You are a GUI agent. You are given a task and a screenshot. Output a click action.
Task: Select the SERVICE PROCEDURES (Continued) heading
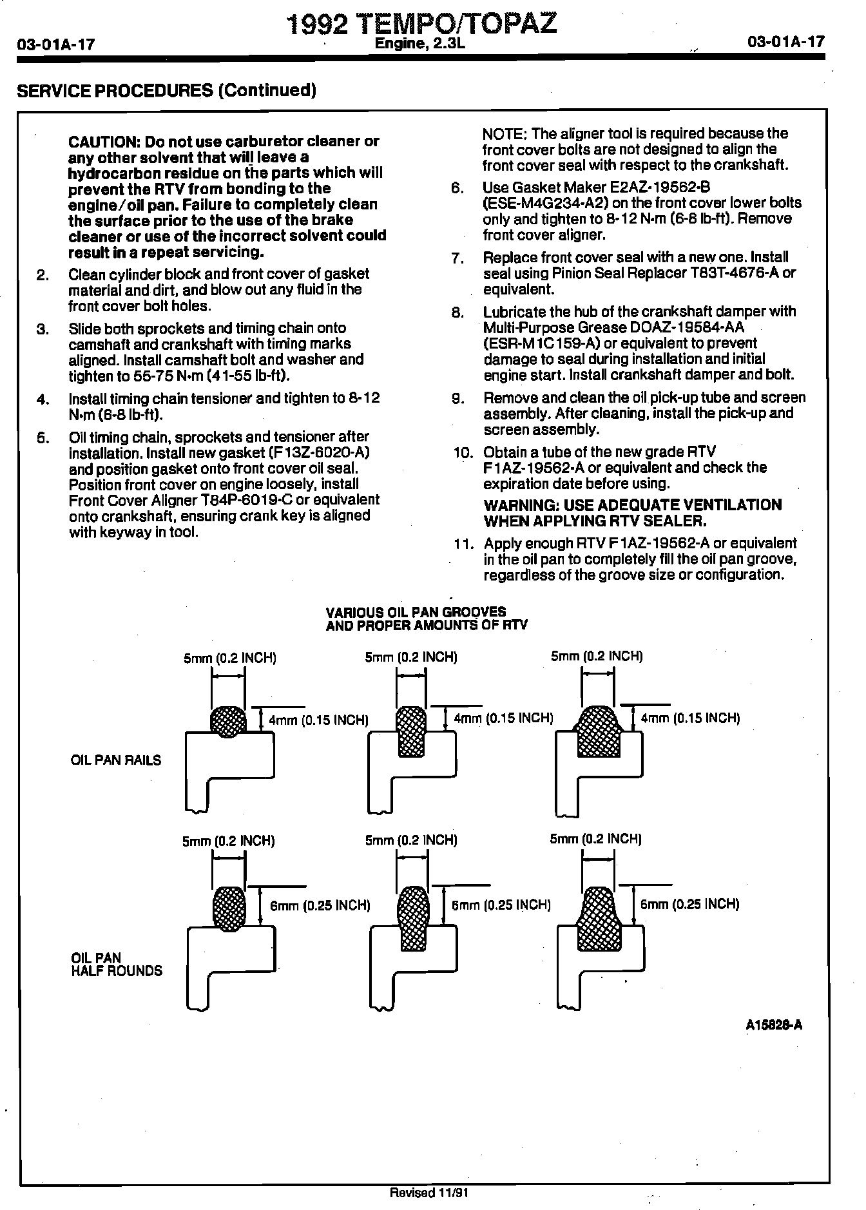(x=166, y=90)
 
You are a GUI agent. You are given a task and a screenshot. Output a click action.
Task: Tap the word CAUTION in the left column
(x=104, y=142)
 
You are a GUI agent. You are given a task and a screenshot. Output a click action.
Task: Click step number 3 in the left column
(x=43, y=329)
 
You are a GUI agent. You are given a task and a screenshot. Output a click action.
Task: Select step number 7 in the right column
(x=457, y=259)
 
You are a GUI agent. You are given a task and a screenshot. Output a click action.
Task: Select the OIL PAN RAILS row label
(x=116, y=760)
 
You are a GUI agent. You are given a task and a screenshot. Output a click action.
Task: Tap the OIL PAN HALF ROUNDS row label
(x=116, y=965)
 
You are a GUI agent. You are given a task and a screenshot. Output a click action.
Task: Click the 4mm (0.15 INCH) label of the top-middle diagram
(x=503, y=718)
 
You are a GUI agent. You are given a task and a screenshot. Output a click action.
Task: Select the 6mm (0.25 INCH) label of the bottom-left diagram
(x=320, y=906)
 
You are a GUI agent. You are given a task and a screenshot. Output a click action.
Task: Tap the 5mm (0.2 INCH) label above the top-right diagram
(x=597, y=657)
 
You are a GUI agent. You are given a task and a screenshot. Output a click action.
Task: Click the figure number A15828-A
(x=774, y=1025)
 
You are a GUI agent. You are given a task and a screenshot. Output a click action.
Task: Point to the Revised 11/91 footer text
(x=428, y=1193)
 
